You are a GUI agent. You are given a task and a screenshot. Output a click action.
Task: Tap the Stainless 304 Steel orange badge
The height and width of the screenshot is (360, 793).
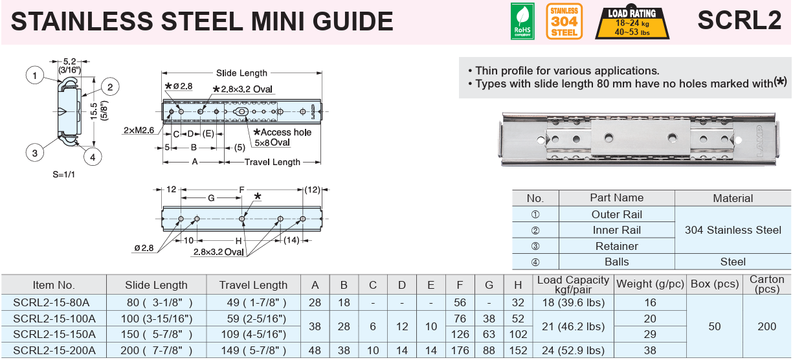(x=564, y=21)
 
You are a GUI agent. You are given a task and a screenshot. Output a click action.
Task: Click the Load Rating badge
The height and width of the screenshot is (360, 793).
(x=632, y=21)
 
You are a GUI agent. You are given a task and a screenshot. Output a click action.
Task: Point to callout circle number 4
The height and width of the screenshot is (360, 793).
(x=93, y=156)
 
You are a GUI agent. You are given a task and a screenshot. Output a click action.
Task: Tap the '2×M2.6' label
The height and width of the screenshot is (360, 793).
(x=139, y=130)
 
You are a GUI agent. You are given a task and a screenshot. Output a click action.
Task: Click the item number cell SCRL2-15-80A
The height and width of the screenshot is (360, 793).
(x=51, y=302)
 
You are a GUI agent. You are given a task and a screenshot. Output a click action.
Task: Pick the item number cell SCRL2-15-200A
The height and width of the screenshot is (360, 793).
(x=54, y=350)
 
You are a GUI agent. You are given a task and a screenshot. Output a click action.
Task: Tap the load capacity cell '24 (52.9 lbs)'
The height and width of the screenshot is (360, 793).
(x=573, y=350)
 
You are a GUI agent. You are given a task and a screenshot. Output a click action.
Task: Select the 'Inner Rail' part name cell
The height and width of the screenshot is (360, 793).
(x=616, y=230)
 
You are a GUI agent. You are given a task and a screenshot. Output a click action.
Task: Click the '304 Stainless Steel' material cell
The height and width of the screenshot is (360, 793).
(x=733, y=230)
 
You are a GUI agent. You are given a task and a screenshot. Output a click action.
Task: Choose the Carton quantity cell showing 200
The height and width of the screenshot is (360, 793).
(x=766, y=326)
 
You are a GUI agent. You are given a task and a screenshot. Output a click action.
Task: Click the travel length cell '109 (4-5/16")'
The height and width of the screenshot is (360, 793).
(x=252, y=334)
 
